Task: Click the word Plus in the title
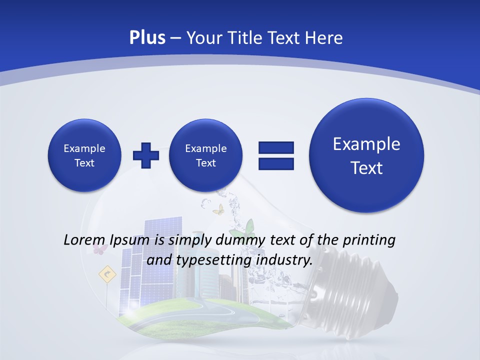click(147, 38)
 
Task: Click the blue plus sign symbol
click(146, 155)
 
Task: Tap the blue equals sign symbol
click(276, 155)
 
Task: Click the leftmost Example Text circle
click(84, 155)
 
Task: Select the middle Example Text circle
click(206, 155)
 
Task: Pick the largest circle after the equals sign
click(366, 155)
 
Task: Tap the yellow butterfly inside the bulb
click(218, 209)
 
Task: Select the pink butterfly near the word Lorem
click(100, 248)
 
